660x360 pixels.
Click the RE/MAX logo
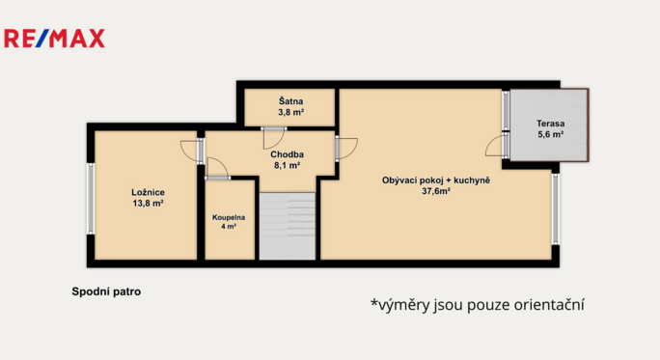[x=54, y=39]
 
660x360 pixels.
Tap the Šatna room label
[x=290, y=101]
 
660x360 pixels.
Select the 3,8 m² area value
[x=290, y=112]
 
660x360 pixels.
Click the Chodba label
[x=288, y=154]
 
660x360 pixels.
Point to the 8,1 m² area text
[x=288, y=165]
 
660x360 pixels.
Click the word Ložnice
[x=149, y=192]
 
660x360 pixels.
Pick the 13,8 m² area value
[x=149, y=204]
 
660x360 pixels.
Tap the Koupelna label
[x=229, y=218]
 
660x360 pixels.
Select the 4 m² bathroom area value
[x=229, y=227]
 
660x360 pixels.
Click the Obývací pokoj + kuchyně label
[x=436, y=180]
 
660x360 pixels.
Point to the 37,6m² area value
[x=436, y=191]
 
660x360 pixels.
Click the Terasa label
[x=551, y=124]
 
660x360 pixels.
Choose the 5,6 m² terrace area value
[x=551, y=135]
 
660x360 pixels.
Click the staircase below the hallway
[x=288, y=226]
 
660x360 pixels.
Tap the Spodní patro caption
[x=106, y=291]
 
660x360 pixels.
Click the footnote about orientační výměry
[x=478, y=304]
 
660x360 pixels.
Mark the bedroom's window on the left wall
[x=91, y=199]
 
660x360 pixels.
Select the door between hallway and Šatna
[x=273, y=138]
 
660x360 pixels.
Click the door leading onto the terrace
[x=498, y=146]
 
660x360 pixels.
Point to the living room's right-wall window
[x=556, y=209]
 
